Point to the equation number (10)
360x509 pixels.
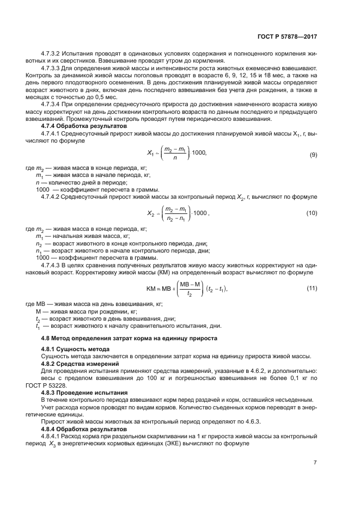312,213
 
